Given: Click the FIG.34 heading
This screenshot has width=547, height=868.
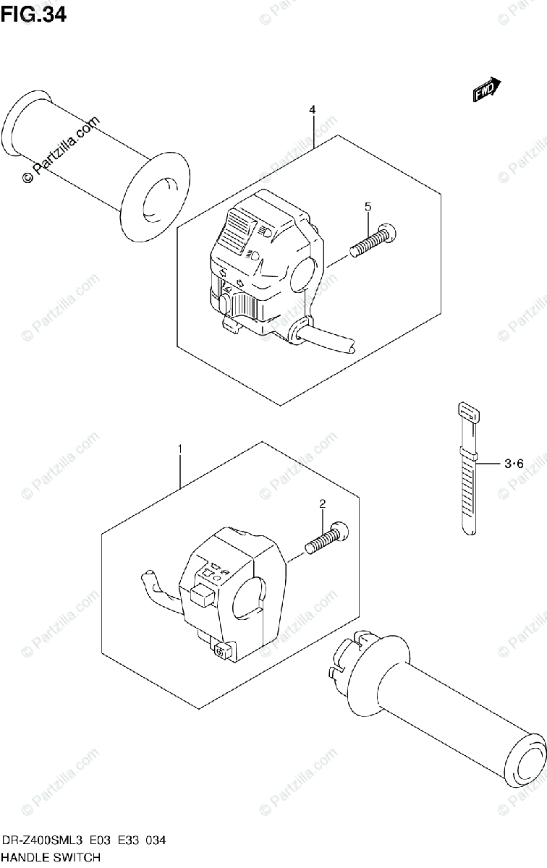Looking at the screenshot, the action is click(33, 14).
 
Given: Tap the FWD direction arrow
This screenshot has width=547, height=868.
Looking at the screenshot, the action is click(487, 89).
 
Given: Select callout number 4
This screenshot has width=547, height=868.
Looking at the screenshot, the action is click(312, 110).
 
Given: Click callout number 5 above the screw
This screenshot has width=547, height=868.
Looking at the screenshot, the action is click(368, 207).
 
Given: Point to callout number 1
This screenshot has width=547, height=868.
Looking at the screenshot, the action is click(180, 449).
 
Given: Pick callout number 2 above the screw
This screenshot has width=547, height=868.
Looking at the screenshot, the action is click(323, 503).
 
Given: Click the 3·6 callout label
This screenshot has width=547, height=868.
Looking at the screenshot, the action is click(514, 464).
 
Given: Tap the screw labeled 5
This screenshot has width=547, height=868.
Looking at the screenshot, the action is click(373, 240).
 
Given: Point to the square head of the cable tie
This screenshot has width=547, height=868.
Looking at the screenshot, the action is click(468, 413).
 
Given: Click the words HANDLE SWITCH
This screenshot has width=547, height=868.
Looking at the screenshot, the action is click(51, 858).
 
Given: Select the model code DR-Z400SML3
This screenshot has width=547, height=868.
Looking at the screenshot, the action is click(42, 840).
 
